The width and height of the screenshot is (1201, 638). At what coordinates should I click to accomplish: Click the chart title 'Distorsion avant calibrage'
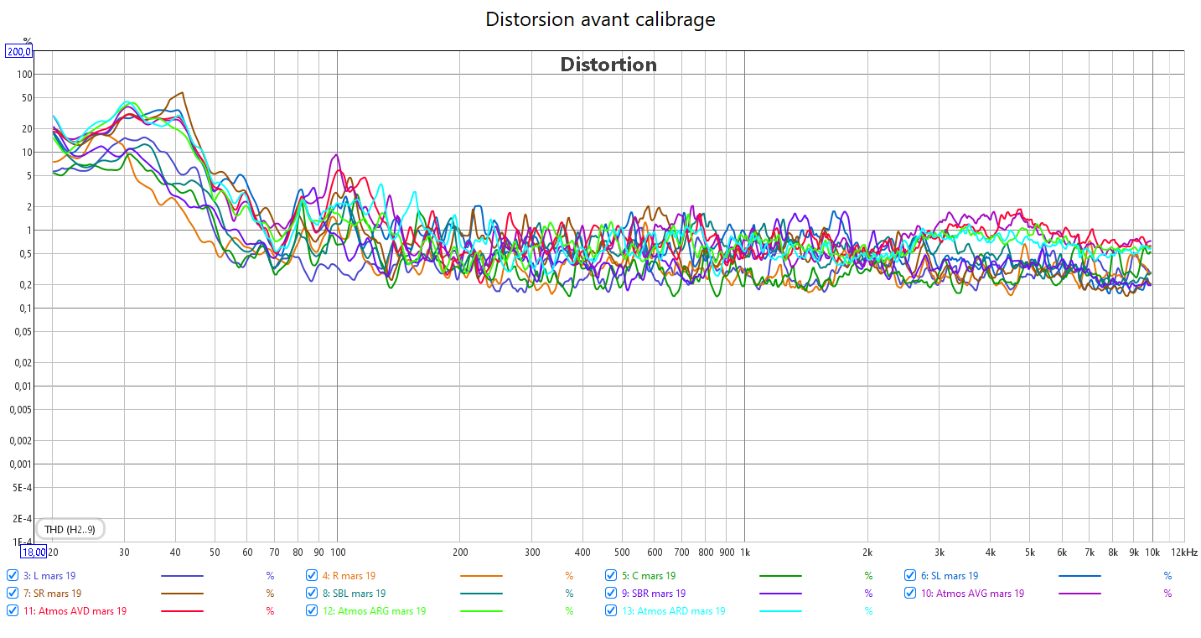600,19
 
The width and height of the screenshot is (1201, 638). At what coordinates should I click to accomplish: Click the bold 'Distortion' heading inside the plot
608,65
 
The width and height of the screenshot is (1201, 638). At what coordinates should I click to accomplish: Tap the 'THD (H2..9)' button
70,529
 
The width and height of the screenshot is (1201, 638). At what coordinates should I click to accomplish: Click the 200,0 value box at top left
18,52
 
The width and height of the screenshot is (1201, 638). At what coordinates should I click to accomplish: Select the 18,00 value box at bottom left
34,552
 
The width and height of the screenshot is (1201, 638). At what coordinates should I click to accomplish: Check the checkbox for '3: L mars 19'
13,576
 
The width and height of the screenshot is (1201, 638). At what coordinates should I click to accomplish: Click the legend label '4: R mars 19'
349,576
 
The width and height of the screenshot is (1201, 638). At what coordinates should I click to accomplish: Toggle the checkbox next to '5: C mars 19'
612,576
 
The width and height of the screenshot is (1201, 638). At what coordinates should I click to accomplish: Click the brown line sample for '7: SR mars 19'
182,594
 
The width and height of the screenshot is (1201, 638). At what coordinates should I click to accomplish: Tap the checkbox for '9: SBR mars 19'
612,594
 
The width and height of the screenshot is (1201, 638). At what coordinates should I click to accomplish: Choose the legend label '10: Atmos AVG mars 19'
972,594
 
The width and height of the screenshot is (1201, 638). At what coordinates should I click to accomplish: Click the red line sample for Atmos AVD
182,611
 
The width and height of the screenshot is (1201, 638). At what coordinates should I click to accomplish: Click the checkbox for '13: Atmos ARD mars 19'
612,611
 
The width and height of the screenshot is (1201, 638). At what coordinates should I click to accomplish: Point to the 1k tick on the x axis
744,552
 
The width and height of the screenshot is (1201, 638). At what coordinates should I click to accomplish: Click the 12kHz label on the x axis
1184,552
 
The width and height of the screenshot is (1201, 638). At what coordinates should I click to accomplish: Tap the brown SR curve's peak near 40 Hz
182,93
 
